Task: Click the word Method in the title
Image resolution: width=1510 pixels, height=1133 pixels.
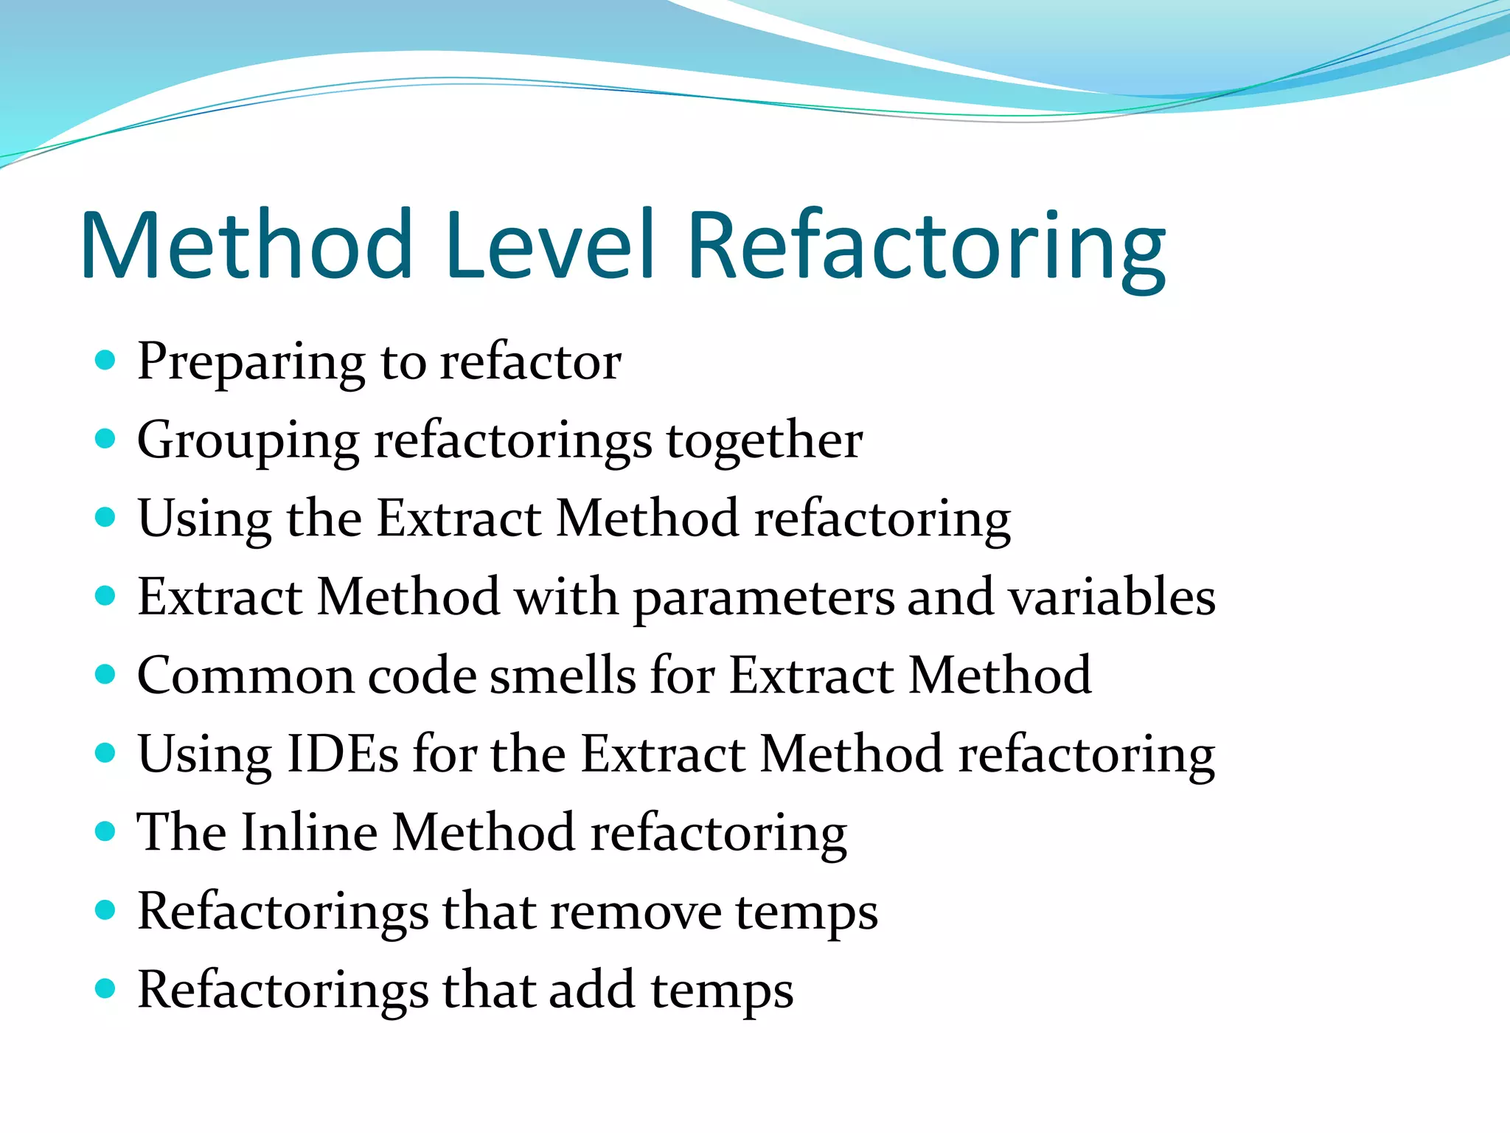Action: point(247,245)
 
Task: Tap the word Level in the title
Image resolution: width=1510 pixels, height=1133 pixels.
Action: point(549,245)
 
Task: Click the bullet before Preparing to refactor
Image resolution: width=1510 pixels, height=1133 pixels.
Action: point(106,361)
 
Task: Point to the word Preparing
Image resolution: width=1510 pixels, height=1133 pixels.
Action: point(251,364)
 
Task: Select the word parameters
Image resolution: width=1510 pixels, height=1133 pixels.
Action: point(762,599)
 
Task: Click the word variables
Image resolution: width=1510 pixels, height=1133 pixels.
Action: point(1112,596)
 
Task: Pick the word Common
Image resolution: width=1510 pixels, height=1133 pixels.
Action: point(245,676)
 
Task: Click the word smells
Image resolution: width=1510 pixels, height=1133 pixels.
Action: point(563,676)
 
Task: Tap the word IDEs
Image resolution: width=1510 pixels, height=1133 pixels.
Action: point(342,754)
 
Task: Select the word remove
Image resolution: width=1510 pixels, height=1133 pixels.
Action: point(636,912)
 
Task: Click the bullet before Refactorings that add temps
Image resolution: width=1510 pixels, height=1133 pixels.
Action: point(106,988)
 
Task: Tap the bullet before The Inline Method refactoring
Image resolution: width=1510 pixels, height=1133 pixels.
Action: point(106,831)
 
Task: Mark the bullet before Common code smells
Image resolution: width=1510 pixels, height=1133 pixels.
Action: point(106,674)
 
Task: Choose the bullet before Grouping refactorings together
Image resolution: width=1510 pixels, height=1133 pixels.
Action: point(106,439)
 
